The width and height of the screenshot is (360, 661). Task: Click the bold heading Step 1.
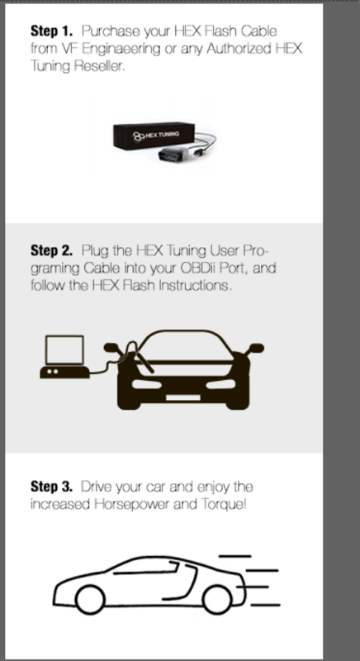(x=52, y=31)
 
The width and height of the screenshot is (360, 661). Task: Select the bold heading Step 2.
(x=52, y=250)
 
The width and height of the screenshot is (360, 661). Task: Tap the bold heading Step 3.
(x=52, y=487)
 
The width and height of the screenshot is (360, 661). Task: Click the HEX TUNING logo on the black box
(x=156, y=135)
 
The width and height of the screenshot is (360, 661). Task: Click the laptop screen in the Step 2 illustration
(x=64, y=350)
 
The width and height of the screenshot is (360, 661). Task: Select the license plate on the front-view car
(x=183, y=397)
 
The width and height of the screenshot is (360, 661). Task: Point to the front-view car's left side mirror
(x=111, y=348)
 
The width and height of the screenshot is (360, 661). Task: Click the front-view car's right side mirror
(x=256, y=348)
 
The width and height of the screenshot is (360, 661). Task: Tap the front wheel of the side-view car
(x=90, y=600)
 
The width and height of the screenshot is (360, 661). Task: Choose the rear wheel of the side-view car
(x=217, y=600)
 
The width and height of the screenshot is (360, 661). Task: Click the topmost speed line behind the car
(x=235, y=556)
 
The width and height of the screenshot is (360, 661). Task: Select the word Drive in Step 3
(x=94, y=487)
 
